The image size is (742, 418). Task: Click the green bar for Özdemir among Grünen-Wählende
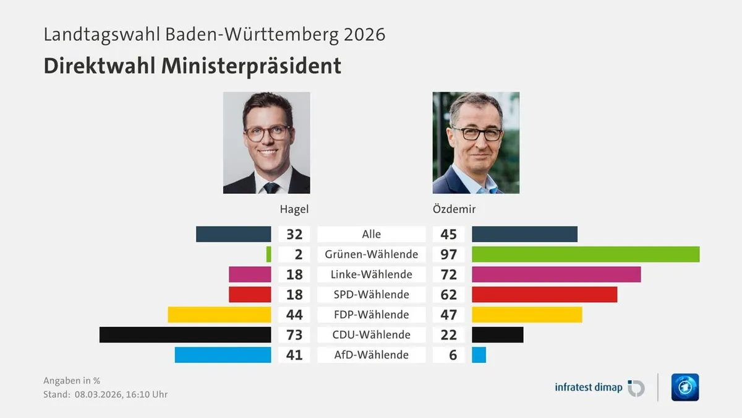coord(585,254)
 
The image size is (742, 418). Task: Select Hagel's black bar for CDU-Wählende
coord(185,334)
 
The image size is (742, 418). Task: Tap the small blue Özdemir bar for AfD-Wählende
coord(479,355)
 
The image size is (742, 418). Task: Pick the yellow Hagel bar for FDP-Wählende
coord(219,315)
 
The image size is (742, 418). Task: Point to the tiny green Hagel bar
coord(268,254)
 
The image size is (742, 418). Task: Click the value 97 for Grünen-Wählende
coord(448,254)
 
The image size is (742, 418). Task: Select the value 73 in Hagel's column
coord(294,334)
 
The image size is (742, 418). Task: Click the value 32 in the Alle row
coord(294,234)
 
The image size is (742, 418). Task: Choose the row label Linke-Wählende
coord(371,274)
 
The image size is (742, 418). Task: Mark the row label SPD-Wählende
coord(371,294)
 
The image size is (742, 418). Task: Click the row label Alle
coord(371,234)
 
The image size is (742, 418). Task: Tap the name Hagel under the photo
coord(294,209)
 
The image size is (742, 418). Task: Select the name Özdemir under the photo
coord(454,209)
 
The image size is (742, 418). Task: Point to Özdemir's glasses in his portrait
coord(475,133)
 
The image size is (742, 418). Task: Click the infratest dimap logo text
coord(589,388)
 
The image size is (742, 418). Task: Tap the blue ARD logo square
coord(684,387)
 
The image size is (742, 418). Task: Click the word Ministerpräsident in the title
coord(252,66)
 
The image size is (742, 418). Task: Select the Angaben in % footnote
coord(71,381)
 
